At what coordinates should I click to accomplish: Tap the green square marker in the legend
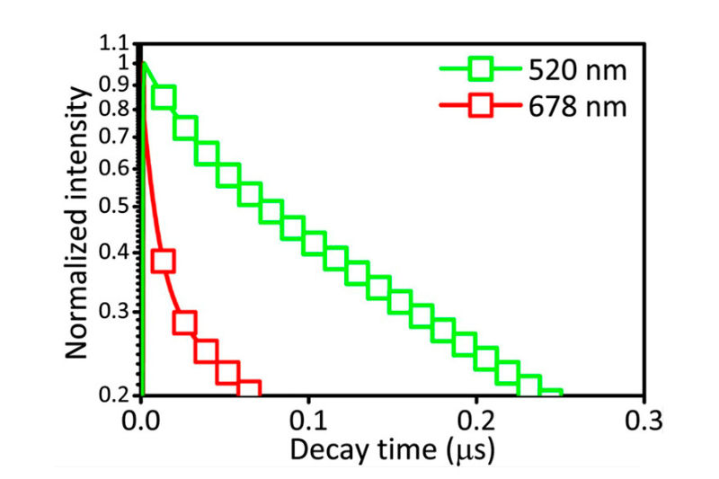(x=482, y=68)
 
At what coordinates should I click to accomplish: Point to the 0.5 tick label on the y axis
(x=116, y=207)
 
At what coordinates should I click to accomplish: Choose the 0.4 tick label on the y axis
(x=116, y=253)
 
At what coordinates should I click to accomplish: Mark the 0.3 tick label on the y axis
(x=116, y=312)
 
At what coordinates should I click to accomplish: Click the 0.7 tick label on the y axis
(x=116, y=137)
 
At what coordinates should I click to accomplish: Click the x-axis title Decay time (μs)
(x=393, y=447)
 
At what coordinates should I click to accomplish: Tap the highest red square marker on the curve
(x=163, y=262)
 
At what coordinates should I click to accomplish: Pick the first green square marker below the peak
(x=164, y=96)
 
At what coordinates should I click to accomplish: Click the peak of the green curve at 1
(x=144, y=63)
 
